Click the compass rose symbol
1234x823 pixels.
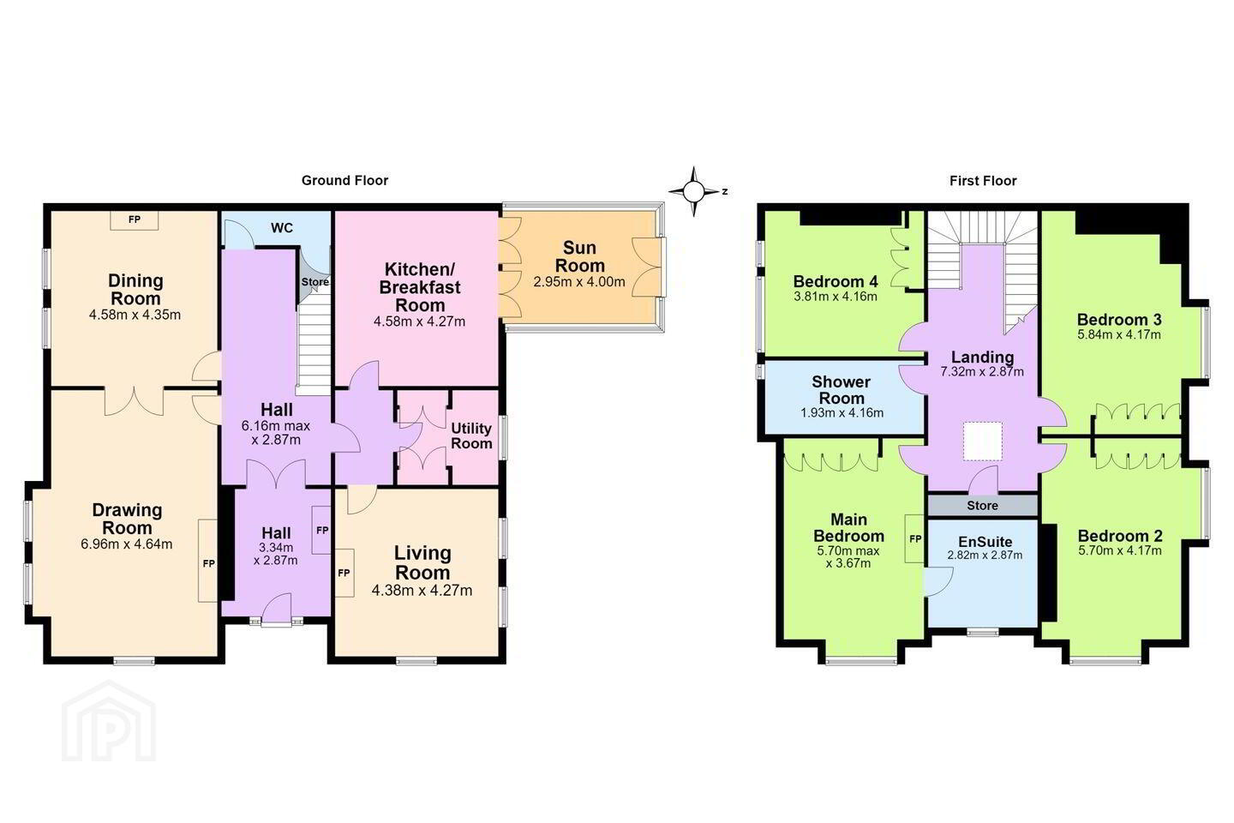tap(694, 191)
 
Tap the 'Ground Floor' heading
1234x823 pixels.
tap(344, 180)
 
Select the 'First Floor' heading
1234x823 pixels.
tap(983, 180)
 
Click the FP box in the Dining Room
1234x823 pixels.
tap(135, 220)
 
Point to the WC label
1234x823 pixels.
tap(281, 228)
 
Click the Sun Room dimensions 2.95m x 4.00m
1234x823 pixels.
tap(579, 282)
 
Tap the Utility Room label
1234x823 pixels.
tap(471, 436)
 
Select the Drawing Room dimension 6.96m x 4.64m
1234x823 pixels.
tap(127, 544)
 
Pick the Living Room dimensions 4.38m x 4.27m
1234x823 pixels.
tap(422, 591)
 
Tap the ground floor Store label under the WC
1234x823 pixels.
tap(315, 282)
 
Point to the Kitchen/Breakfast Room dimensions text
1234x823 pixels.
tap(419, 321)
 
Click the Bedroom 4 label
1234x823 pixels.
tap(836, 281)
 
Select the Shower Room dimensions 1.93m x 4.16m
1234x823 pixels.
tap(842, 412)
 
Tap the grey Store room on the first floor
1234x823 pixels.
tap(983, 506)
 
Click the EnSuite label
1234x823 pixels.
tap(985, 542)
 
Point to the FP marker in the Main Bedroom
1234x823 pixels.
tap(914, 538)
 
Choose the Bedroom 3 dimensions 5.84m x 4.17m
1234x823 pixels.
tap(1119, 334)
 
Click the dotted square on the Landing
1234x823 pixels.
tap(982, 441)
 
